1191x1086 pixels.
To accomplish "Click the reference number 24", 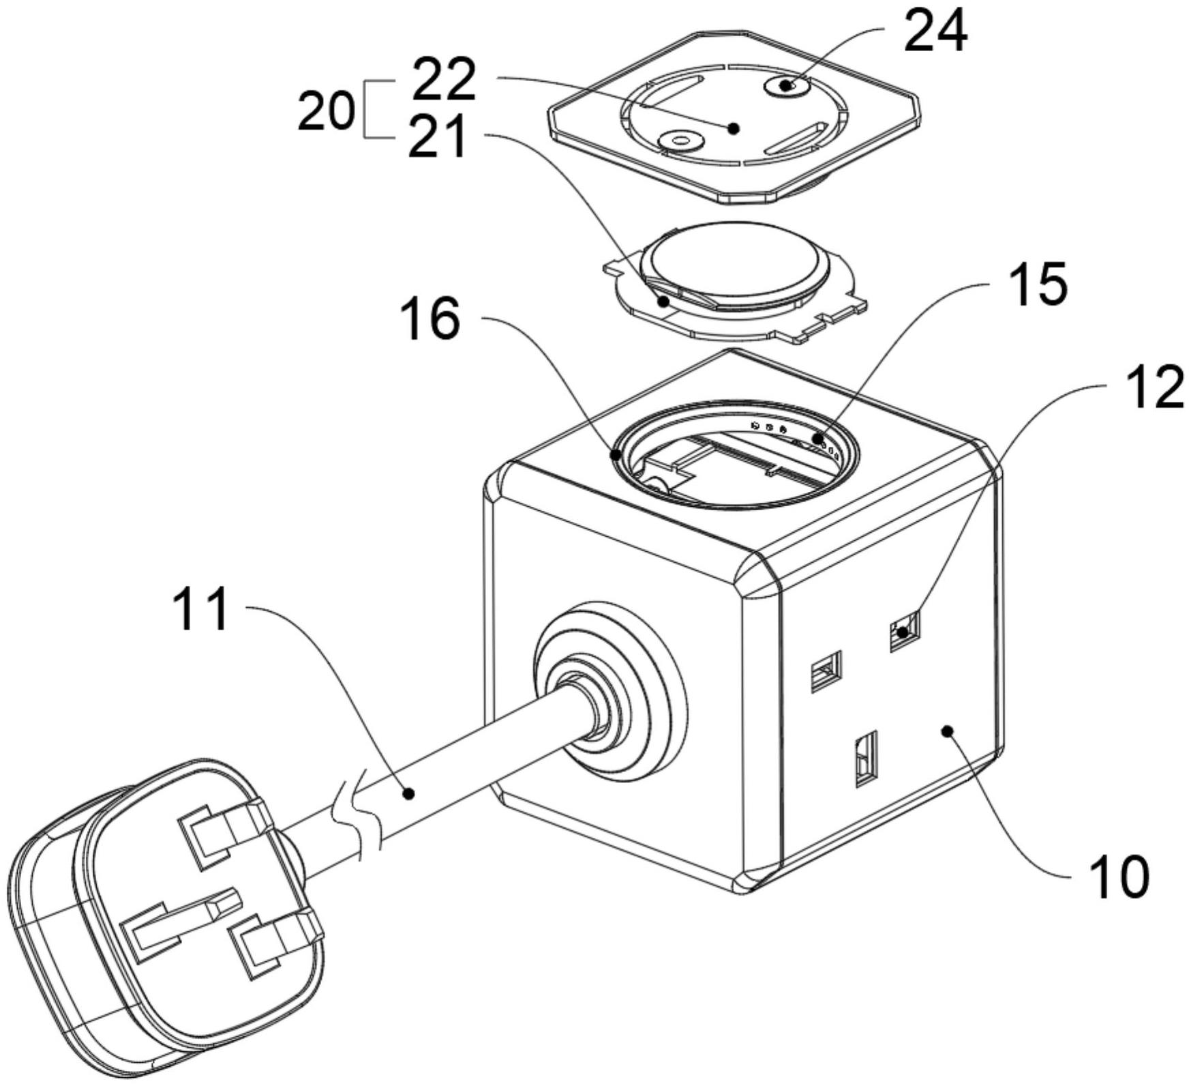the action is coord(935,31).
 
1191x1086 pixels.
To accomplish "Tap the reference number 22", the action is coord(444,78).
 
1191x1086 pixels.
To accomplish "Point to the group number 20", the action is coord(327,111).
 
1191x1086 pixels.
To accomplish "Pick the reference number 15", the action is coord(1039,283).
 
